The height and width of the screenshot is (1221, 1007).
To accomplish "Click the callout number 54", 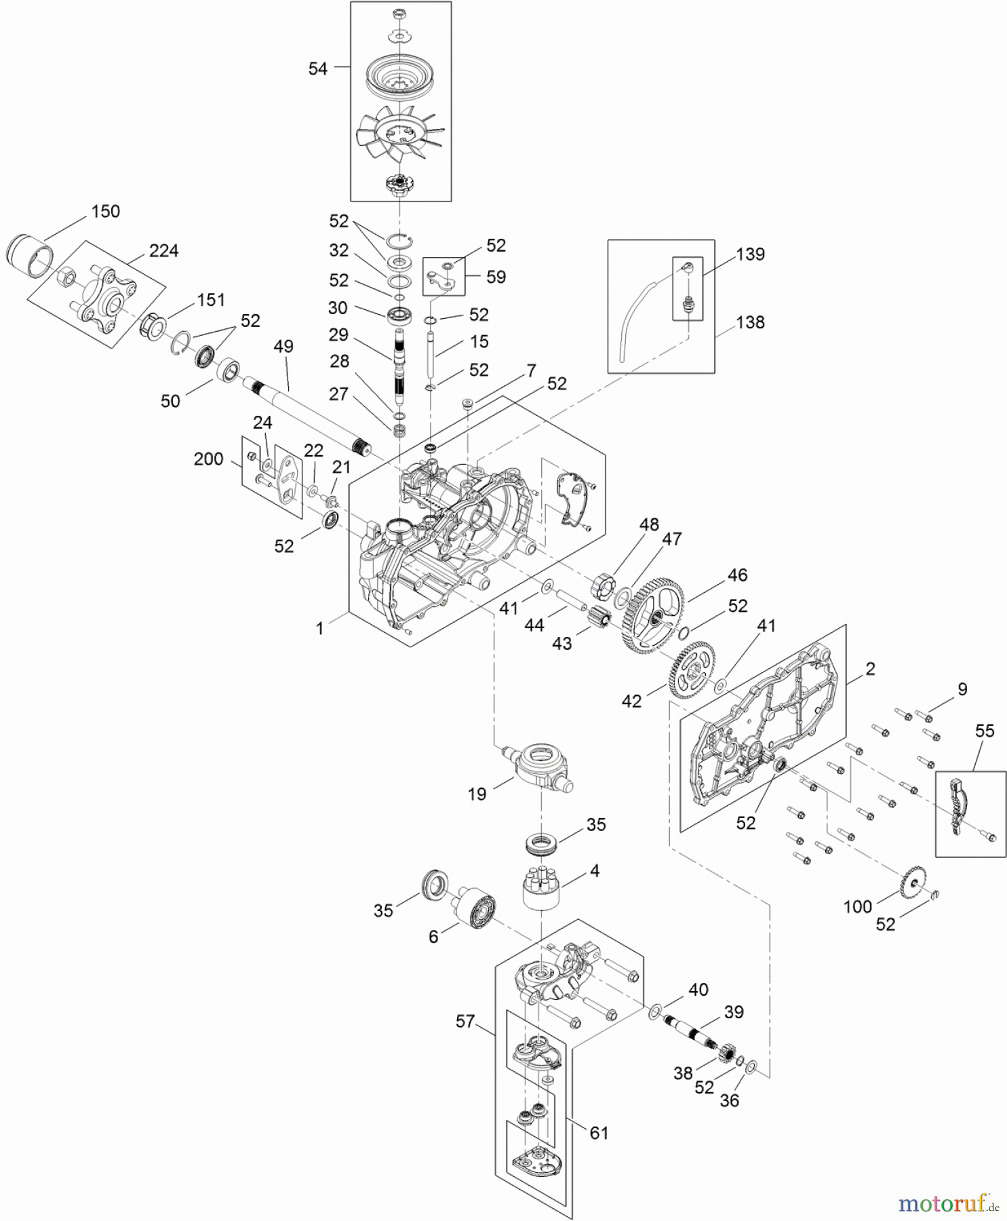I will coord(317,69).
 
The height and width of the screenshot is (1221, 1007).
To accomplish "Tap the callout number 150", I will coord(105,212).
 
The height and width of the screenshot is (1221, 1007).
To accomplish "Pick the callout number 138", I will coord(750,322).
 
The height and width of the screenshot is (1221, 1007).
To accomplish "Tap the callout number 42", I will coord(631,701).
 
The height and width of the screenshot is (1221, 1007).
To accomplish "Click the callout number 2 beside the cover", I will coord(871,669).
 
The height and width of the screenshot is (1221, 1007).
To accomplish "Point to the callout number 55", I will coord(985,731).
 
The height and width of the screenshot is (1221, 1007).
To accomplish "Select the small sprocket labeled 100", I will coord(912,883).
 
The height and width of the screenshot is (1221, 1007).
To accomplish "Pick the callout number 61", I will coord(599,1133).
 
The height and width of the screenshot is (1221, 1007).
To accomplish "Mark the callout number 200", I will coord(208,459).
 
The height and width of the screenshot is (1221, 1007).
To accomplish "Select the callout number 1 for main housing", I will coord(320,628).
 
